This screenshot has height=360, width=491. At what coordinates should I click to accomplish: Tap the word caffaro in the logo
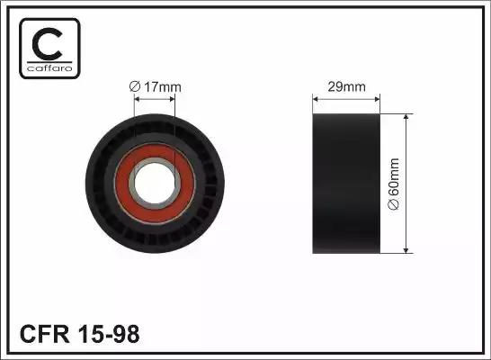[49, 68]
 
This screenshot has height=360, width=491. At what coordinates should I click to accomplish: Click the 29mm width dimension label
[346, 86]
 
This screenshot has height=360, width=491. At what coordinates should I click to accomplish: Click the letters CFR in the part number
[44, 334]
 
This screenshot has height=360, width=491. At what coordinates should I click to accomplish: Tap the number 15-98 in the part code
[108, 334]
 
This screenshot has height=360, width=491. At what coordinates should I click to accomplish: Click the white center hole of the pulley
[155, 184]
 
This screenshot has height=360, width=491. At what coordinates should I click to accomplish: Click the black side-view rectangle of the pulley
[346, 184]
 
